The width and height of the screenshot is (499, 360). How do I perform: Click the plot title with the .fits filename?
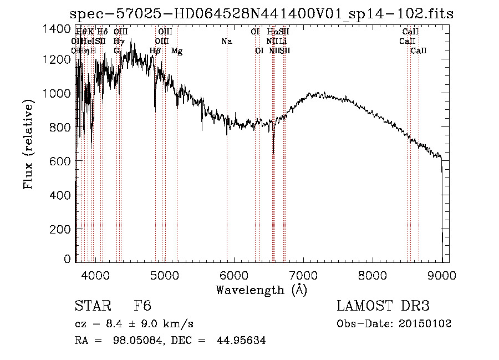pyautogui.click(x=262, y=14)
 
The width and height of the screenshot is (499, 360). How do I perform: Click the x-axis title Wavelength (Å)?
pyautogui.click(x=261, y=290)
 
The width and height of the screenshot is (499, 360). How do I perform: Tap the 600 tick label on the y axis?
pyautogui.click(x=61, y=161)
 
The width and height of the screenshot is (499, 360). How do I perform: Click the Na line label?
pyautogui.click(x=226, y=41)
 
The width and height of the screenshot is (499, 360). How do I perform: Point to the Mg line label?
pyautogui.click(x=177, y=51)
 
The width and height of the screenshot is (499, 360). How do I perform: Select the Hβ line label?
pyautogui.click(x=155, y=51)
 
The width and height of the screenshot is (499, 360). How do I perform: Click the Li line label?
pyautogui.click(x=283, y=41)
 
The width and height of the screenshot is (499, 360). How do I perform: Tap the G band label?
pyautogui.click(x=116, y=51)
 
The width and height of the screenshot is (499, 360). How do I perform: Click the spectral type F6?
pyautogui.click(x=142, y=306)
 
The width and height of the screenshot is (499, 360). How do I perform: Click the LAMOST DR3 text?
pyautogui.click(x=383, y=306)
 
